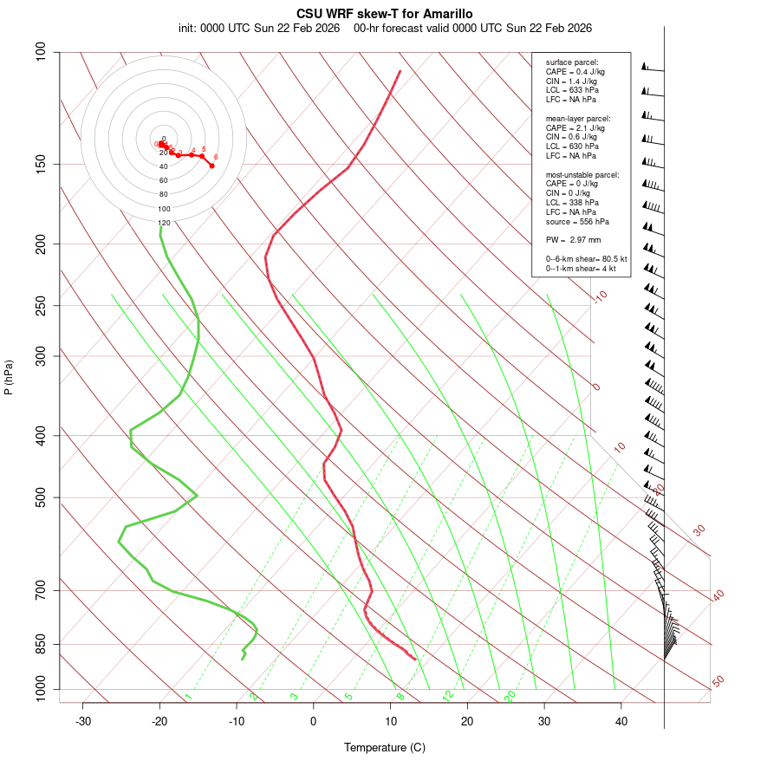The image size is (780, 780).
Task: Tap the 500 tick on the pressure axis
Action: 42,497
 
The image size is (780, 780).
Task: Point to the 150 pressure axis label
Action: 42,164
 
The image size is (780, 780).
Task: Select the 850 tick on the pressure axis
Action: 42,644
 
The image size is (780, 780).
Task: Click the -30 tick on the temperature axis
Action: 83,721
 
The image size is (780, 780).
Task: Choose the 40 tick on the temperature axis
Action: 621,721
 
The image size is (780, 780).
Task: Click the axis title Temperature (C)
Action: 385,747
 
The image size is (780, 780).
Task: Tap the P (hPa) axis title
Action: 9,377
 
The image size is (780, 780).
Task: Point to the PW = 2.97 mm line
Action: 573,240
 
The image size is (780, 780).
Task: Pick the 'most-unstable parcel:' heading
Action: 582,174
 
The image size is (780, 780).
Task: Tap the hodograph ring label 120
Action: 164,223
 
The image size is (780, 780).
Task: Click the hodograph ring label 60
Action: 164,180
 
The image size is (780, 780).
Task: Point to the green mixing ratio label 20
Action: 510,695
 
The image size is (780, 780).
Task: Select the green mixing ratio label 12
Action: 448,695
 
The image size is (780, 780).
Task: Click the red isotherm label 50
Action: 718,682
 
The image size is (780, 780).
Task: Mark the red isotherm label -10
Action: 599,296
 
